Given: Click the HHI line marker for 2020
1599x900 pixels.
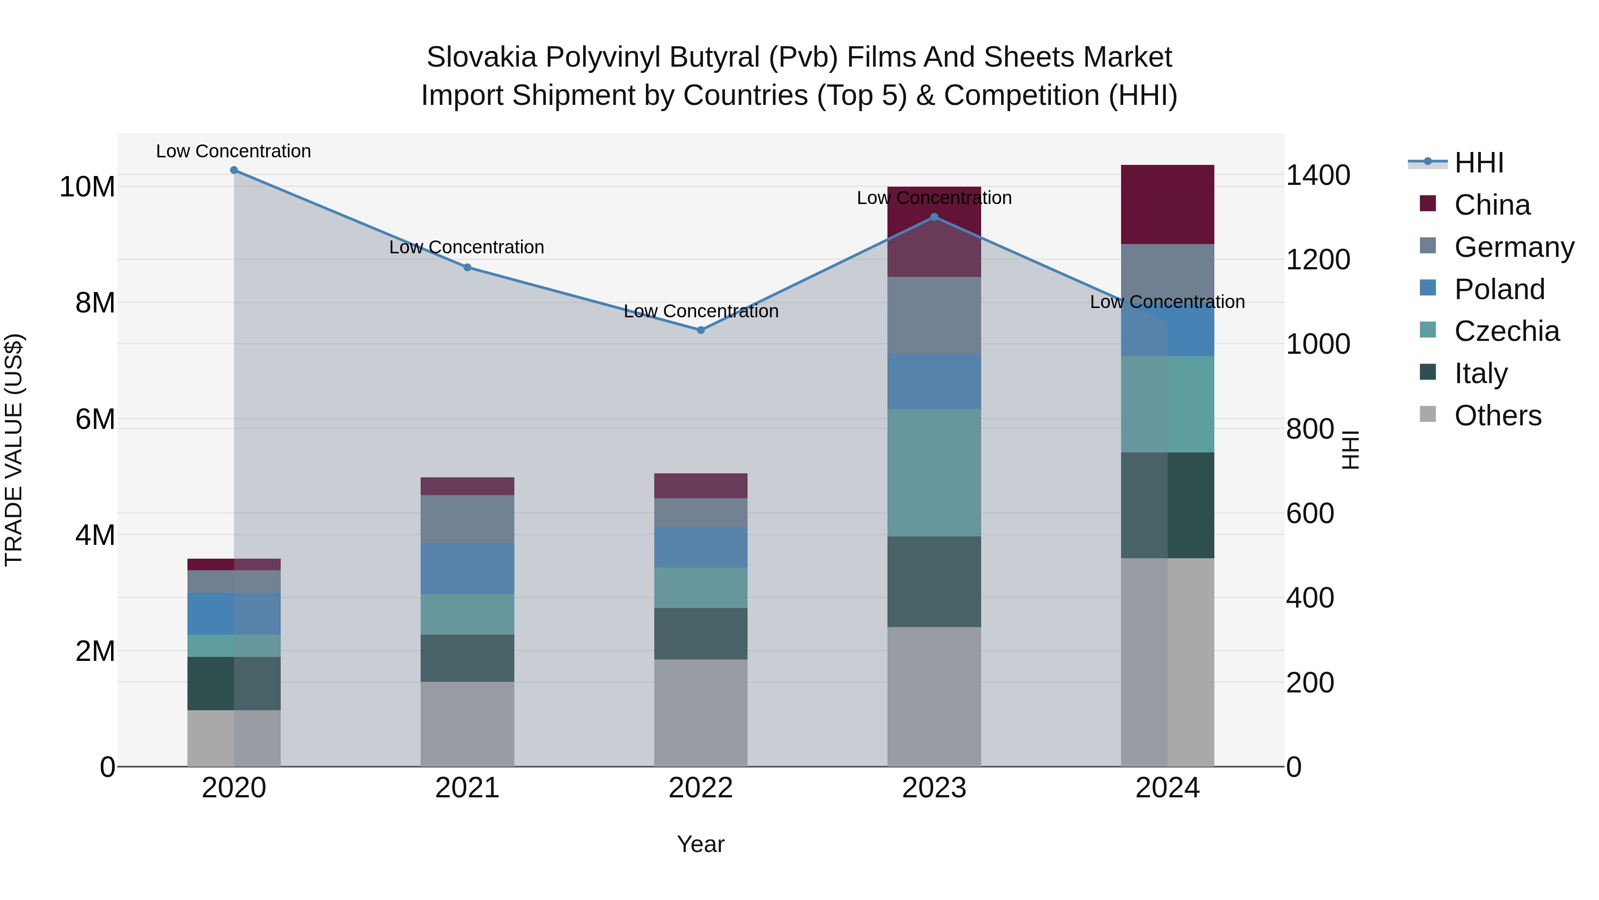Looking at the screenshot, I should point(234,170).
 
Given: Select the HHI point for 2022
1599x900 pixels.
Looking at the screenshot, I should point(701,330).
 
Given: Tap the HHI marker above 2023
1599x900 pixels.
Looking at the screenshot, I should point(934,217).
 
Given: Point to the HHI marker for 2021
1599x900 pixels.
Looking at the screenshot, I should point(467,268).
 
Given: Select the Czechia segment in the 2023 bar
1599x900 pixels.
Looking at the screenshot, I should point(934,473).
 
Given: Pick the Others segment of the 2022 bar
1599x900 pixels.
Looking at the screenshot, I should point(701,713).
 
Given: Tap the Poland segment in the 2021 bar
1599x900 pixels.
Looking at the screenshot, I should point(467,568).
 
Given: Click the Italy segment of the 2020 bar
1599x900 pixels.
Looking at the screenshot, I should point(234,683).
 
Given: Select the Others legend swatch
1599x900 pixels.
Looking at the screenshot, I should point(1428,414).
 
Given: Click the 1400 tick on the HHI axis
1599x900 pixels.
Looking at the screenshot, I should point(1318,175).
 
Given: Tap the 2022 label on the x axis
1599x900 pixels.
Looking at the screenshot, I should point(701,788).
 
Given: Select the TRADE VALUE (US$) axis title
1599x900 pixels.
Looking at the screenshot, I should point(14,450).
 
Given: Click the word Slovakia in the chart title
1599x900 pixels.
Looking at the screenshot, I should point(481,57).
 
